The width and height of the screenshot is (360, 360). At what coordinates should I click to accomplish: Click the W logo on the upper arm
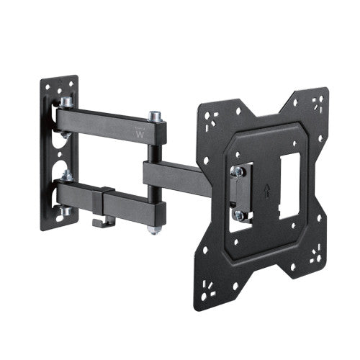(x=139, y=132)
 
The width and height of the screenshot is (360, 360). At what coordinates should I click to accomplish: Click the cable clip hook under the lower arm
(x=102, y=221)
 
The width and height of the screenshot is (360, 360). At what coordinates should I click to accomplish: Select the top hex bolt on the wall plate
(x=66, y=103)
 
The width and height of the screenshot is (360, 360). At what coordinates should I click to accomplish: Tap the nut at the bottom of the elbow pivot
(x=153, y=229)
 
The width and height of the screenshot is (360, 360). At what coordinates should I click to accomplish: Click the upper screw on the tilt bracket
(x=236, y=171)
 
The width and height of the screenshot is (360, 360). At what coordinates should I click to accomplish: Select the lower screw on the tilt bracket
(x=239, y=215)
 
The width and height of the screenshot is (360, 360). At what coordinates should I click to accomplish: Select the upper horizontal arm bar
(x=108, y=123)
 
